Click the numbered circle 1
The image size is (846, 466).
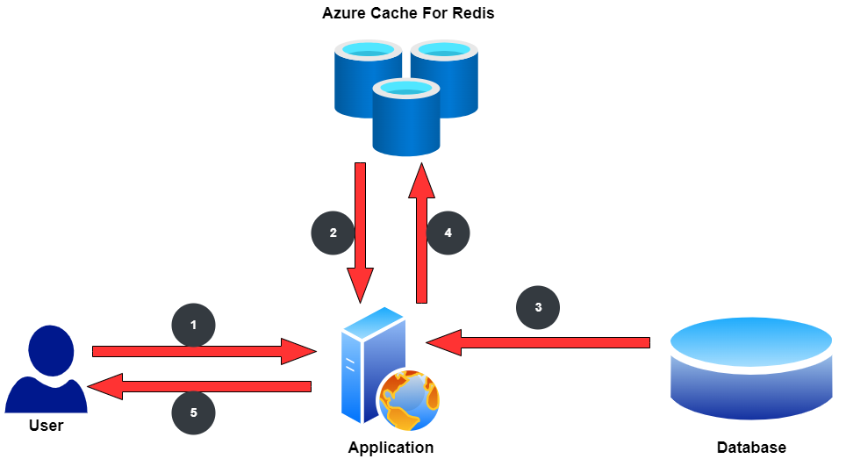pos(193,325)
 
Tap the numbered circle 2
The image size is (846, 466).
pos(333,233)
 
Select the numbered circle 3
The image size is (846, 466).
pos(538,307)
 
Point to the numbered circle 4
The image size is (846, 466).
pos(448,233)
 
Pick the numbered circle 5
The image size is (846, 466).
pos(193,412)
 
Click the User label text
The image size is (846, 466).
pos(47,426)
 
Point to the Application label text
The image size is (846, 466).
pos(391,448)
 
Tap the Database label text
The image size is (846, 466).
pos(751,448)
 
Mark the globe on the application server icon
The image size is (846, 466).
pos(408,399)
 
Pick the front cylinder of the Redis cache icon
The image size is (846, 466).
pos(405,118)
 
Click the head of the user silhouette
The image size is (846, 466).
pos(49,349)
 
